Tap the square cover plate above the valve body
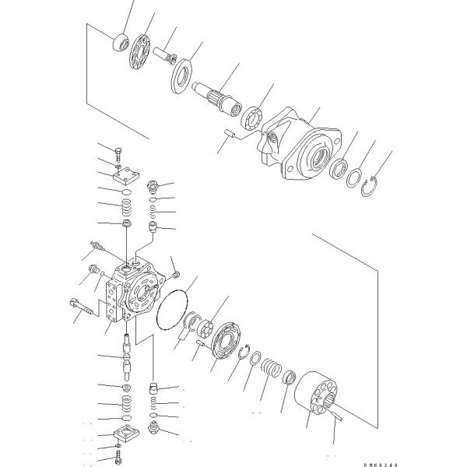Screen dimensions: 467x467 pyautogui.click(x=124, y=177)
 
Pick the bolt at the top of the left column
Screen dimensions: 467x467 pyautogui.click(x=118, y=153)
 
